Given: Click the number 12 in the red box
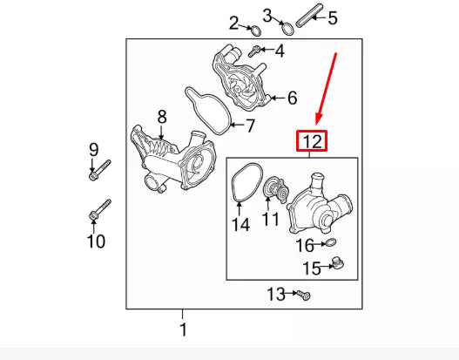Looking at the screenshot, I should pos(313,139).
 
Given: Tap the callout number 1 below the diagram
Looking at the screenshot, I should pos(183,329).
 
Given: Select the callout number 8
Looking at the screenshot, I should pos(161,116).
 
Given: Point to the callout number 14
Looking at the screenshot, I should pos(240,224).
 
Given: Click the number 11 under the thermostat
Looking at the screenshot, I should pos(271,220).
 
